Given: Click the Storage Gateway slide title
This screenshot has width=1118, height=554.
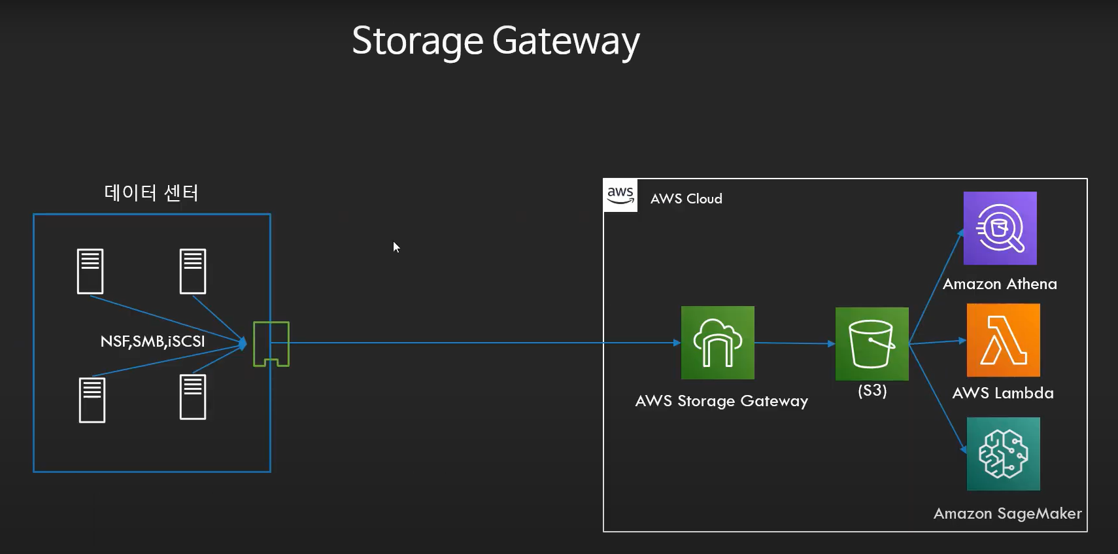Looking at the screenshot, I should click(x=496, y=41).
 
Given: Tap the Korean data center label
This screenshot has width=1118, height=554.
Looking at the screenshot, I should click(x=151, y=193).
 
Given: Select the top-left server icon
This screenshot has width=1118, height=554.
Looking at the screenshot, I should click(x=90, y=271).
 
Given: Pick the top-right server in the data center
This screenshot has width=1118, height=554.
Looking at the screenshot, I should click(x=193, y=271).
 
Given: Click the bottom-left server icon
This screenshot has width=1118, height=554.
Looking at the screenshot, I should click(x=92, y=400).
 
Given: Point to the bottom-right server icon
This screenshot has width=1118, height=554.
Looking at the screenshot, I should click(x=193, y=396).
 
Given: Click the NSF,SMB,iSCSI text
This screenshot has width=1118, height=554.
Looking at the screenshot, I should click(x=152, y=341).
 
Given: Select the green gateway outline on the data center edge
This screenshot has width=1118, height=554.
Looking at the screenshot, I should click(x=271, y=343).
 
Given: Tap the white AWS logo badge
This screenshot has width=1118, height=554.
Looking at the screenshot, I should click(x=620, y=196).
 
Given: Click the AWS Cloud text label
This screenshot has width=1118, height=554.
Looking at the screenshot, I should click(x=686, y=199).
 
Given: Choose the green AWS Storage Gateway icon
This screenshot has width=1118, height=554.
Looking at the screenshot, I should click(x=717, y=343).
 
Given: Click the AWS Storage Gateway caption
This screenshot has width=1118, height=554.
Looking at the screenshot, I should click(x=721, y=401).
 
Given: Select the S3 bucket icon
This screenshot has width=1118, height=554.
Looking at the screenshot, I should click(x=872, y=343).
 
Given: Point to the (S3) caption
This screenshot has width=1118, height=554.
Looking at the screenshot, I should click(x=872, y=390).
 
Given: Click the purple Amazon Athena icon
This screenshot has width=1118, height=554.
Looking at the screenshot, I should click(x=1000, y=228).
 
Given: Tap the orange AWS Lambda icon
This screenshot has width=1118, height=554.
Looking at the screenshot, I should click(x=1003, y=340).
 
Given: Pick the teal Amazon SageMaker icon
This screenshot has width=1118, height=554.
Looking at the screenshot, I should click(x=1003, y=454).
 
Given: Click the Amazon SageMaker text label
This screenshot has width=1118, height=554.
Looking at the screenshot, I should click(x=1007, y=513).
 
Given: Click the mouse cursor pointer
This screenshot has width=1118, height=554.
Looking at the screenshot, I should click(x=396, y=247).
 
